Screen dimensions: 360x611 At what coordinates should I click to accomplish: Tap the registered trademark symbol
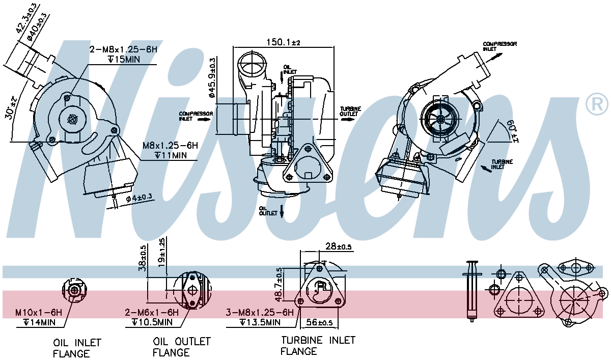tap(597, 104)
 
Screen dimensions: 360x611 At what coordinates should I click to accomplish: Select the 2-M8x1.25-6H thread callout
tap(124, 49)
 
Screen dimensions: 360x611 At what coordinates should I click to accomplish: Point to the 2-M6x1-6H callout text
tap(152, 312)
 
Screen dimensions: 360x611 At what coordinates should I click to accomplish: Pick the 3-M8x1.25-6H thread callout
tap(260, 312)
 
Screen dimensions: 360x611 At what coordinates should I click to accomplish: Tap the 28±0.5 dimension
tap(338, 246)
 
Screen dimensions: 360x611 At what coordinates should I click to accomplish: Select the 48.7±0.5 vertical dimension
tap(279, 285)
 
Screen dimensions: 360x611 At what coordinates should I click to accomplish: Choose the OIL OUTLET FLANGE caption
tap(181, 346)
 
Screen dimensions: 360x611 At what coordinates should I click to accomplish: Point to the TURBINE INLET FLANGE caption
tap(318, 345)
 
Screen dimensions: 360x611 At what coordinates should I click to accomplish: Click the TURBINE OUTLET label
tap(350, 112)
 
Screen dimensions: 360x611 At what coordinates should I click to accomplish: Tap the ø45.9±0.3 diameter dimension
tap(212, 78)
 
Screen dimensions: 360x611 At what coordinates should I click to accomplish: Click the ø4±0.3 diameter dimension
tap(138, 198)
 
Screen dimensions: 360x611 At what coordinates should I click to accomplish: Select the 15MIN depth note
tap(124, 60)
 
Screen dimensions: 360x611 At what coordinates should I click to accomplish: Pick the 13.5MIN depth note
tap(260, 322)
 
